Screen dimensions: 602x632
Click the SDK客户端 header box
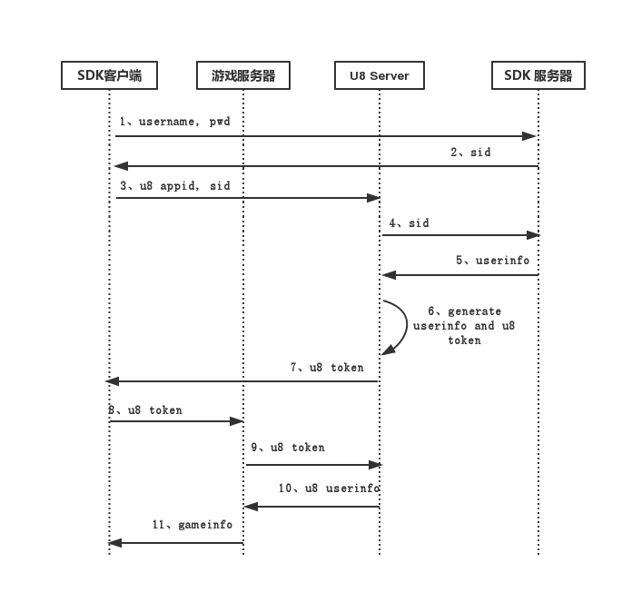(109, 75)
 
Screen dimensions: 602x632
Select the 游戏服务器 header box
(243, 75)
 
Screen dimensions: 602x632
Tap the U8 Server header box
(380, 75)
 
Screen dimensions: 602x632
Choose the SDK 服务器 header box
(538, 75)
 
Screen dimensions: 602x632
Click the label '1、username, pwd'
(174, 121)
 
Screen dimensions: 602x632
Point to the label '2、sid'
(470, 152)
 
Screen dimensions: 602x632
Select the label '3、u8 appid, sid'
(174, 185)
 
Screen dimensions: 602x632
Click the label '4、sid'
(409, 222)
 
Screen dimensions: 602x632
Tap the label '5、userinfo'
(493, 260)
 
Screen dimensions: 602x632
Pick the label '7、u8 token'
(327, 368)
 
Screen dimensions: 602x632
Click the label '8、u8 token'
(145, 410)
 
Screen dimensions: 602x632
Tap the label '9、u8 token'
(288, 447)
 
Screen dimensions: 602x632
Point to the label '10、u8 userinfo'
(329, 489)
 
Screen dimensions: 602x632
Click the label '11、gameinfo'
(192, 525)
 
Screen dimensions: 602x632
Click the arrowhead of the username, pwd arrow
(530, 136)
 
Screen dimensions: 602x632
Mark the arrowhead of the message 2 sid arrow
(120, 166)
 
